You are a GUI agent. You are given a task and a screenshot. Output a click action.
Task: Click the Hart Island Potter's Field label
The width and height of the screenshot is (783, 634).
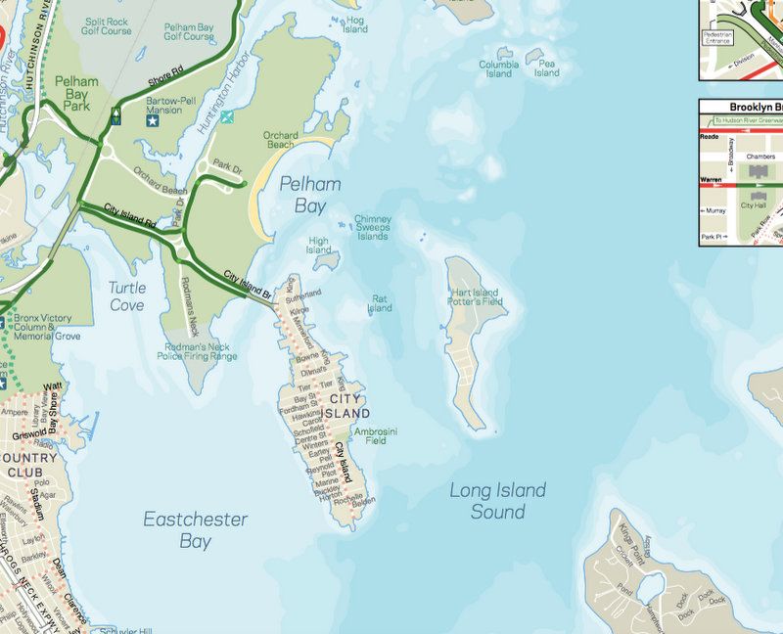[x=476, y=297]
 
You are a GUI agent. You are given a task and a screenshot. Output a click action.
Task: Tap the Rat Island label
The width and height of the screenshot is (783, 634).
[x=379, y=303]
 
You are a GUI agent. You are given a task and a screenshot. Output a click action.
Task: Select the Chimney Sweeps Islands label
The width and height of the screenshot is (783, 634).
[x=372, y=228]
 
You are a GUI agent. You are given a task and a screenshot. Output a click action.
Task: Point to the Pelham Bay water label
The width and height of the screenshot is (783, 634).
[x=310, y=194]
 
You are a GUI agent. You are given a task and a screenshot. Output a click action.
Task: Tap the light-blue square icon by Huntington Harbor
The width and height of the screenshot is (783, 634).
[x=227, y=117]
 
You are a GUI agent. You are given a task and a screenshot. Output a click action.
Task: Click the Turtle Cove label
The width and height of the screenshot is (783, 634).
[x=126, y=296]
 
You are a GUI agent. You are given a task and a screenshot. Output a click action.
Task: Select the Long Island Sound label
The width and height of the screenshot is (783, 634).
[x=497, y=501]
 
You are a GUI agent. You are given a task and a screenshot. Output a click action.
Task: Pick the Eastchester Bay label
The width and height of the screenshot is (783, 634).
[x=196, y=529]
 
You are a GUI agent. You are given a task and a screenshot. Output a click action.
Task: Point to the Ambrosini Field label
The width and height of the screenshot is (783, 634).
[x=376, y=435]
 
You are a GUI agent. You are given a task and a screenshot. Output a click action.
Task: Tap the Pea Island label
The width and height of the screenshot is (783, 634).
[x=546, y=68]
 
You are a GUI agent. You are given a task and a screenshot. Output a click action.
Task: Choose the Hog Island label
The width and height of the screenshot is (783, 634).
[x=354, y=24]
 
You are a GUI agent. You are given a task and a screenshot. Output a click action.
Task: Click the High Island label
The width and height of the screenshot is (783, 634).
[x=318, y=245]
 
